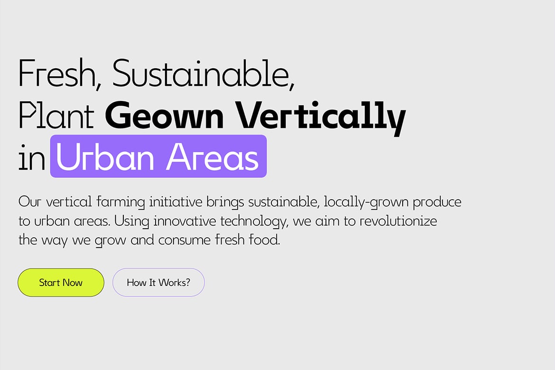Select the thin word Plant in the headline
[56, 115]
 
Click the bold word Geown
[164, 115]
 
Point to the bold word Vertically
[321, 117]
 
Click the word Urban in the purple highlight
[105, 157]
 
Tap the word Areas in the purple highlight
[213, 157]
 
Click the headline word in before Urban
[31, 157]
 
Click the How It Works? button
[158, 283]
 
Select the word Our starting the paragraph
[30, 202]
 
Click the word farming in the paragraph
[120, 202]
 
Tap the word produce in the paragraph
[437, 202]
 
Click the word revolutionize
[398, 221]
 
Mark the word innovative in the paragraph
[185, 221]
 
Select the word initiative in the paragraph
[176, 202]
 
